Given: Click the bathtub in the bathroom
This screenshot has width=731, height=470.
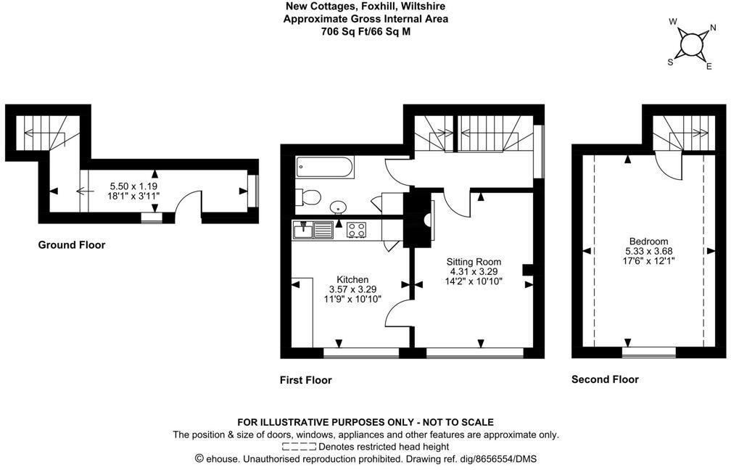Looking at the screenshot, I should pos(325,169).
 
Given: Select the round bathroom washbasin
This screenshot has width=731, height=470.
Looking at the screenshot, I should pos(338,207).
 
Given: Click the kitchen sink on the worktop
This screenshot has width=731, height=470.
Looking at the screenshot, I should pos(313,230).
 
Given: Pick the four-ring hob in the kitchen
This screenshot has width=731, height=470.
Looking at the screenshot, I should pos(355,230).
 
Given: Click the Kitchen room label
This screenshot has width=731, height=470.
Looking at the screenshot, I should pos(352,279).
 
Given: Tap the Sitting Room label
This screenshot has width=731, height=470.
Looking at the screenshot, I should pos(473,262).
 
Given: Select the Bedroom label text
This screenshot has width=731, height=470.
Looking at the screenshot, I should pos(648,242).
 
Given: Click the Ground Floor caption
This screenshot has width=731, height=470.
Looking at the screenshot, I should pos(71,245).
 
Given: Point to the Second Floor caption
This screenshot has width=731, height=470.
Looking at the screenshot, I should pos(605,379).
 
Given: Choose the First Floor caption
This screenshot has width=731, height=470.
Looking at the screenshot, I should pos(305,380).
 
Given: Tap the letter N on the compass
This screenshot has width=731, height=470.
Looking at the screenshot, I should pos(714,30).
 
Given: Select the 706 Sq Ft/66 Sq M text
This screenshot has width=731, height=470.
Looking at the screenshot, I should pos(365,31).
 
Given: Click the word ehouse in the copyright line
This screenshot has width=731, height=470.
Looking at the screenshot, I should pos(223,459).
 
